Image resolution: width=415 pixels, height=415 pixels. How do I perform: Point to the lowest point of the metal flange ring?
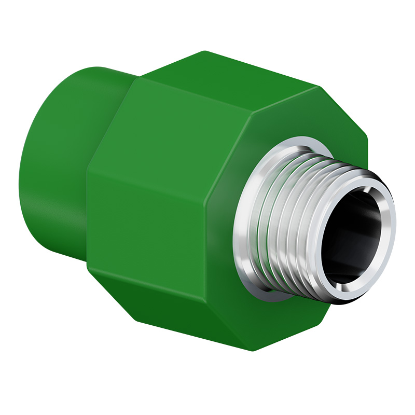275,301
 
